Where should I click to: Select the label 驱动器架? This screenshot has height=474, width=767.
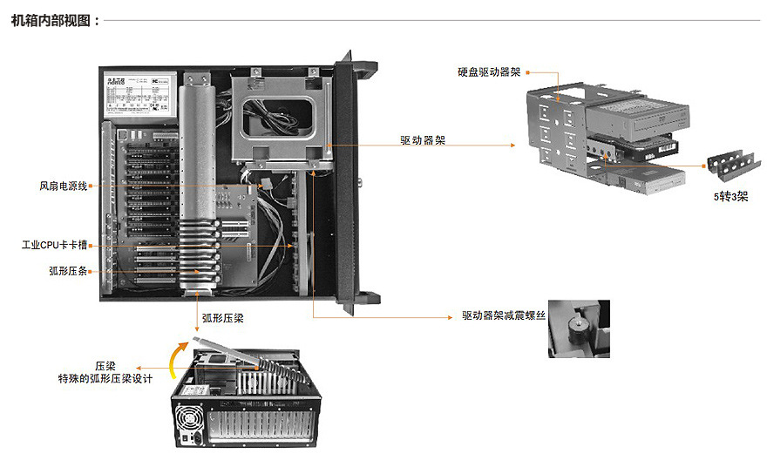point(423,140)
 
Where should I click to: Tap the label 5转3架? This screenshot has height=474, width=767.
point(730,197)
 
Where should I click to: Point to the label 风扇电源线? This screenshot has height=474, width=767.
point(63,186)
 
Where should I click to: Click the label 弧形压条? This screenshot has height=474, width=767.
point(68,271)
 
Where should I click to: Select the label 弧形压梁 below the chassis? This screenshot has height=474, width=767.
point(222,319)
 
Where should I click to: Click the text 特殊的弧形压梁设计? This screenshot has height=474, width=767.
point(105,379)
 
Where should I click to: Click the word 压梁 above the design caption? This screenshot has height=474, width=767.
point(105,366)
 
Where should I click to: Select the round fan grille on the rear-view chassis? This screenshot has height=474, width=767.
point(189,416)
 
